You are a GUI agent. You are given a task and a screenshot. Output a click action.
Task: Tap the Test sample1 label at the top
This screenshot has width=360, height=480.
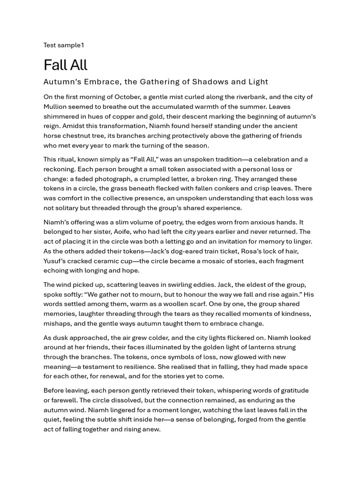(x=64, y=45)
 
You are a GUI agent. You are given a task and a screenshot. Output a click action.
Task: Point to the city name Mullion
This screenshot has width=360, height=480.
(x=57, y=107)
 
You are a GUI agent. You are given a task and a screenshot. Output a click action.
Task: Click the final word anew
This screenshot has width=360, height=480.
(x=151, y=429)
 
